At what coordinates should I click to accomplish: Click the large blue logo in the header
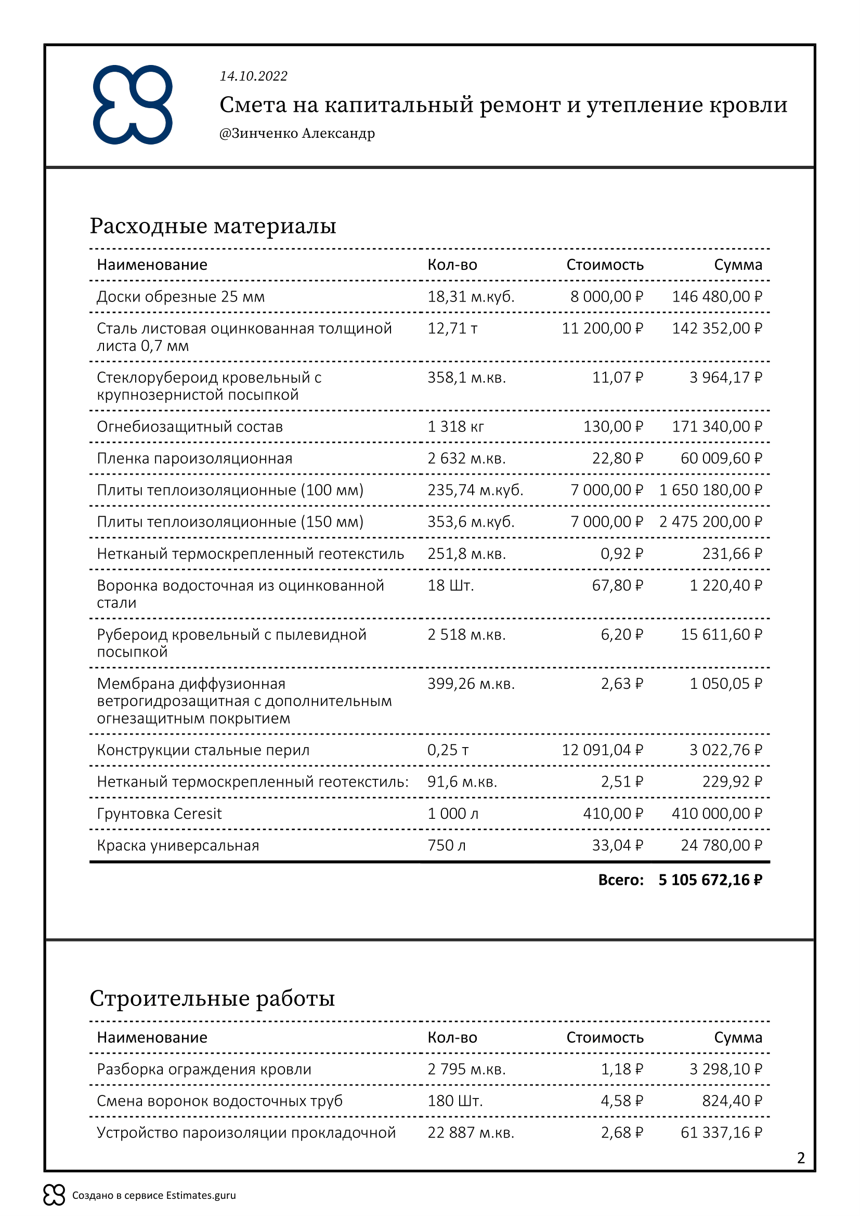click(133, 105)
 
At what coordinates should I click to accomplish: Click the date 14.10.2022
click(254, 76)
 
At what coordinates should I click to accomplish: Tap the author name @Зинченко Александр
click(297, 134)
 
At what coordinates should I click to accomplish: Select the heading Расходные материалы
click(213, 226)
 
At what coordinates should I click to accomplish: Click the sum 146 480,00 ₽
click(717, 296)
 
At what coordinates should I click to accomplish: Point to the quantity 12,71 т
click(453, 329)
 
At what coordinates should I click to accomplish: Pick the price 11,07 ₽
click(618, 377)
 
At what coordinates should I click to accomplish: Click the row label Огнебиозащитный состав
click(190, 427)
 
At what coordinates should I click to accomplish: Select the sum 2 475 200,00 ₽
click(711, 522)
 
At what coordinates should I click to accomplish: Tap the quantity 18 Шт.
click(451, 586)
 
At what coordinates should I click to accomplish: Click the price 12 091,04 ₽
click(603, 751)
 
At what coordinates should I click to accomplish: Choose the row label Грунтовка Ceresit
click(159, 814)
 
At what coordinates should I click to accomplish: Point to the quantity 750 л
click(447, 846)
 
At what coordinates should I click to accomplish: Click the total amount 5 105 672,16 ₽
click(711, 880)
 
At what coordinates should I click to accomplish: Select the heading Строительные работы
click(212, 998)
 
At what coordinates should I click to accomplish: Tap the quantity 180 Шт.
click(455, 1101)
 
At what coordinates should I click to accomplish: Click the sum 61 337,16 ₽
click(721, 1133)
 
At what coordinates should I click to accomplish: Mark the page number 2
click(801, 1158)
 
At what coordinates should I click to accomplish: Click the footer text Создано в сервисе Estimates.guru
click(153, 1195)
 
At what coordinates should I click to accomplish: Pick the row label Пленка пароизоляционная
click(194, 459)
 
